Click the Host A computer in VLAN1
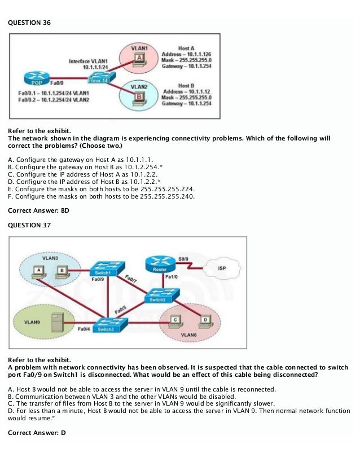(x=139, y=59)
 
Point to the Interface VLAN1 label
(x=89, y=60)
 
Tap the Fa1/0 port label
(x=172, y=277)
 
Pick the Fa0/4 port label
(x=84, y=328)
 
